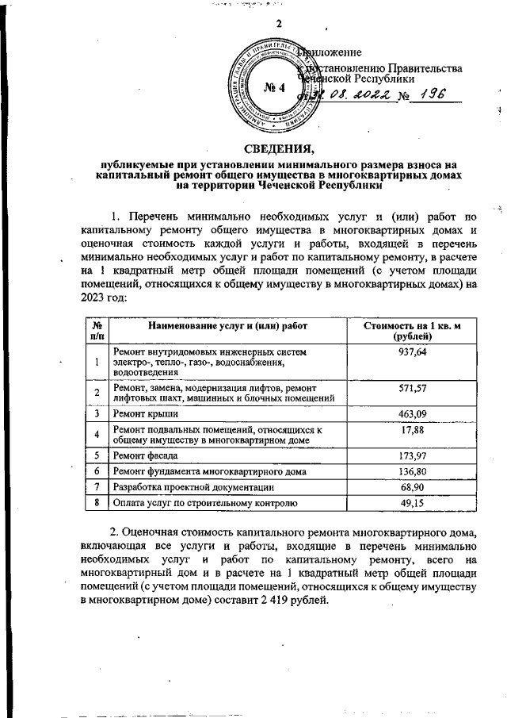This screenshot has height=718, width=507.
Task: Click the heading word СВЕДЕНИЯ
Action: pyautogui.click(x=278, y=148)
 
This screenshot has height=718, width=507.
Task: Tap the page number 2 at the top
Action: pyautogui.click(x=278, y=24)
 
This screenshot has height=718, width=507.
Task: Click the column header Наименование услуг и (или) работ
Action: pyautogui.click(x=231, y=325)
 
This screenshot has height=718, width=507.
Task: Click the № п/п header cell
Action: pyautogui.click(x=96, y=331)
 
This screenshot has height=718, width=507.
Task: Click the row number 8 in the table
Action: pyautogui.click(x=96, y=503)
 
